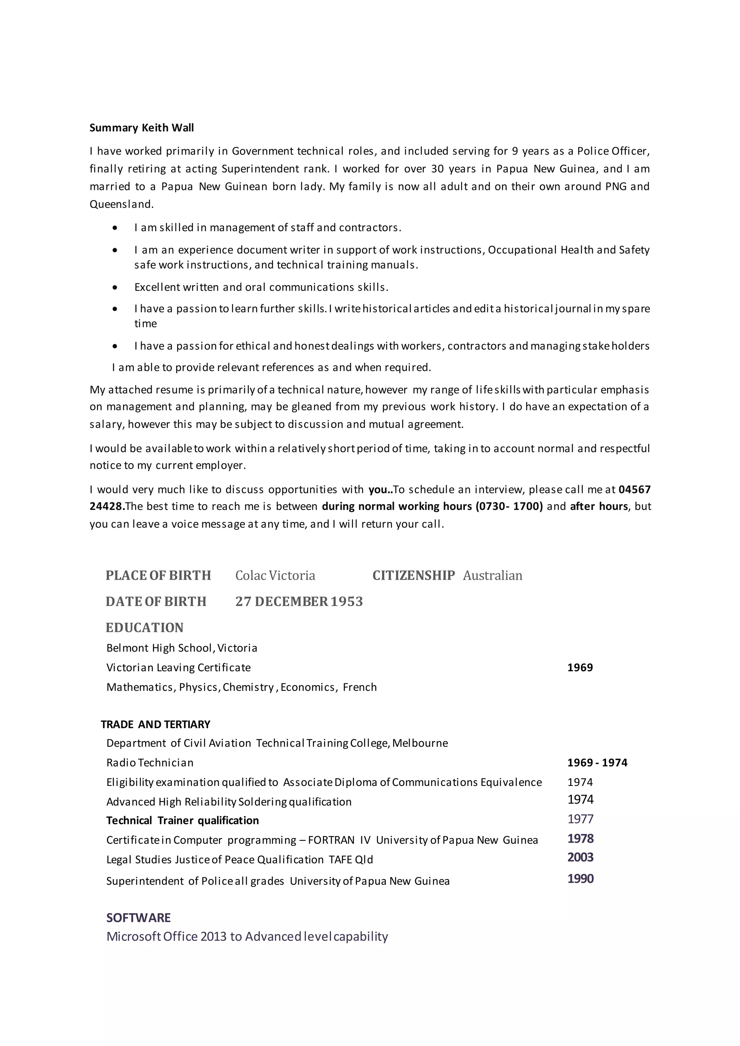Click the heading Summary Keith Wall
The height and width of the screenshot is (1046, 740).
pos(141,128)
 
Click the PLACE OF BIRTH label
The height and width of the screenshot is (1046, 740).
pos(158,575)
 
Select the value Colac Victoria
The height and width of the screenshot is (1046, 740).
pos(275,575)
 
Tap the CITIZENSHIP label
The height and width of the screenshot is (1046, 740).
pos(413,575)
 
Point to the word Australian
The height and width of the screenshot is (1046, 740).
pos(492,575)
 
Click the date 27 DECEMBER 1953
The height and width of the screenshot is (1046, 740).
pos(299,601)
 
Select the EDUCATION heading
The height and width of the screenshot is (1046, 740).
pos(145,627)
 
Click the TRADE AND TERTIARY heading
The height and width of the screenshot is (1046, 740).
pos(155,725)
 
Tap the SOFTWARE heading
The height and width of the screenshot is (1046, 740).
pos(138,917)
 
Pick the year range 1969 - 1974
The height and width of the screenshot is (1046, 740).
pos(597,762)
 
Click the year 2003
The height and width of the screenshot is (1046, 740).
pos(580,857)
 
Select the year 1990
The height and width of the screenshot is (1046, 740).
pos(580,878)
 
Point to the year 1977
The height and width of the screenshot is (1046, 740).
pos(580,819)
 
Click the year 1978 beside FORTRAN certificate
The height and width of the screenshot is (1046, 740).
pos(580,838)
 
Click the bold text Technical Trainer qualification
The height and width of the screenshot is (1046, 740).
pos(182,821)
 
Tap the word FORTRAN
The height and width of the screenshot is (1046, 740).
pos(332,840)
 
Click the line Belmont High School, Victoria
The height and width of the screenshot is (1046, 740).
pos(182,648)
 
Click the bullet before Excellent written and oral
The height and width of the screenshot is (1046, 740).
pos(115,288)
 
